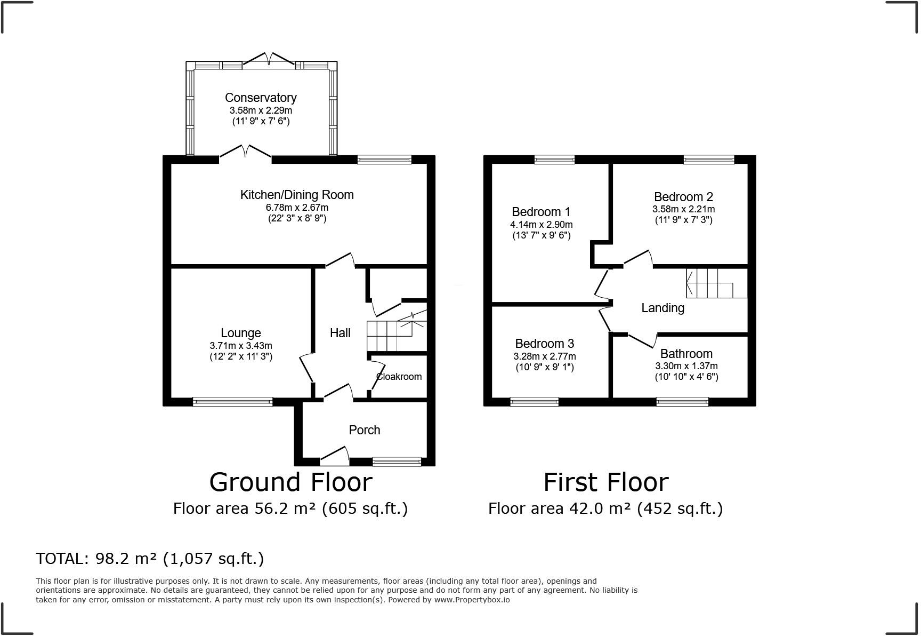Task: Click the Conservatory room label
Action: (x=261, y=98)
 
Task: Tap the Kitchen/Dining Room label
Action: (x=297, y=195)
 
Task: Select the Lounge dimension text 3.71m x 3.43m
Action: (x=241, y=346)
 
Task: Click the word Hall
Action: (x=340, y=333)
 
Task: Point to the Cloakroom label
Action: (x=399, y=377)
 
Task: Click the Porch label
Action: (x=365, y=430)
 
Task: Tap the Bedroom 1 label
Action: (x=541, y=212)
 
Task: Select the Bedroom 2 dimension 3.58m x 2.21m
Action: (x=684, y=210)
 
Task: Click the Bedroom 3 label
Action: (x=545, y=344)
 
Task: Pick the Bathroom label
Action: (x=686, y=354)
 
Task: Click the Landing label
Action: (x=663, y=308)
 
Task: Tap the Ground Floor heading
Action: (x=291, y=482)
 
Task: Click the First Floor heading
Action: (x=606, y=482)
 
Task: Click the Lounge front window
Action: (x=233, y=402)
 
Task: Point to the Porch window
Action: (x=397, y=462)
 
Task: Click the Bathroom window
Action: (x=682, y=402)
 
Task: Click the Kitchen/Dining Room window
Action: (x=384, y=159)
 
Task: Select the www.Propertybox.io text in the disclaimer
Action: (x=472, y=600)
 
